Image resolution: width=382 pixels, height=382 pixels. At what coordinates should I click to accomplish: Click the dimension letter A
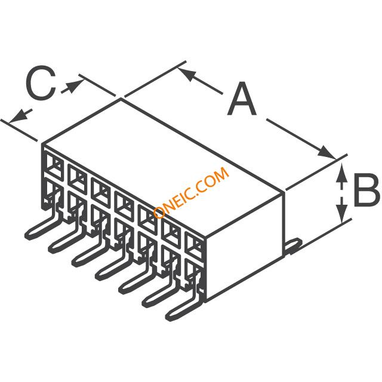click(x=241, y=99)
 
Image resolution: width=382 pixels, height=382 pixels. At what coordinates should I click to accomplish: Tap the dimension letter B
click(x=366, y=190)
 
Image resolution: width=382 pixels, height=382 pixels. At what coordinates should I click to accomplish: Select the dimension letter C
click(x=41, y=82)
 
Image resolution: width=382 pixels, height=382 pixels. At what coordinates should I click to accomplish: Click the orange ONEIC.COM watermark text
click(x=192, y=192)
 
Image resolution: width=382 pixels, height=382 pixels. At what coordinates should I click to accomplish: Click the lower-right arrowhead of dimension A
click(x=326, y=153)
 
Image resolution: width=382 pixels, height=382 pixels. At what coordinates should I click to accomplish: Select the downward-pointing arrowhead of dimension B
click(x=342, y=212)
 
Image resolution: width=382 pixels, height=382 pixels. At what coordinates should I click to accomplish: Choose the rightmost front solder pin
click(x=183, y=304)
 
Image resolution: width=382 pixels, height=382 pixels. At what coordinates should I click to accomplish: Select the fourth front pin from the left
click(x=112, y=266)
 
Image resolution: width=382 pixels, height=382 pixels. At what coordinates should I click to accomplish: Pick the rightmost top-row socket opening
click(x=195, y=246)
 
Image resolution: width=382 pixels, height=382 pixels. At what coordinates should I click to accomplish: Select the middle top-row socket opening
click(x=124, y=207)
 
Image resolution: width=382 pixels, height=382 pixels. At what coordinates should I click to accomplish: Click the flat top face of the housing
click(x=163, y=168)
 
